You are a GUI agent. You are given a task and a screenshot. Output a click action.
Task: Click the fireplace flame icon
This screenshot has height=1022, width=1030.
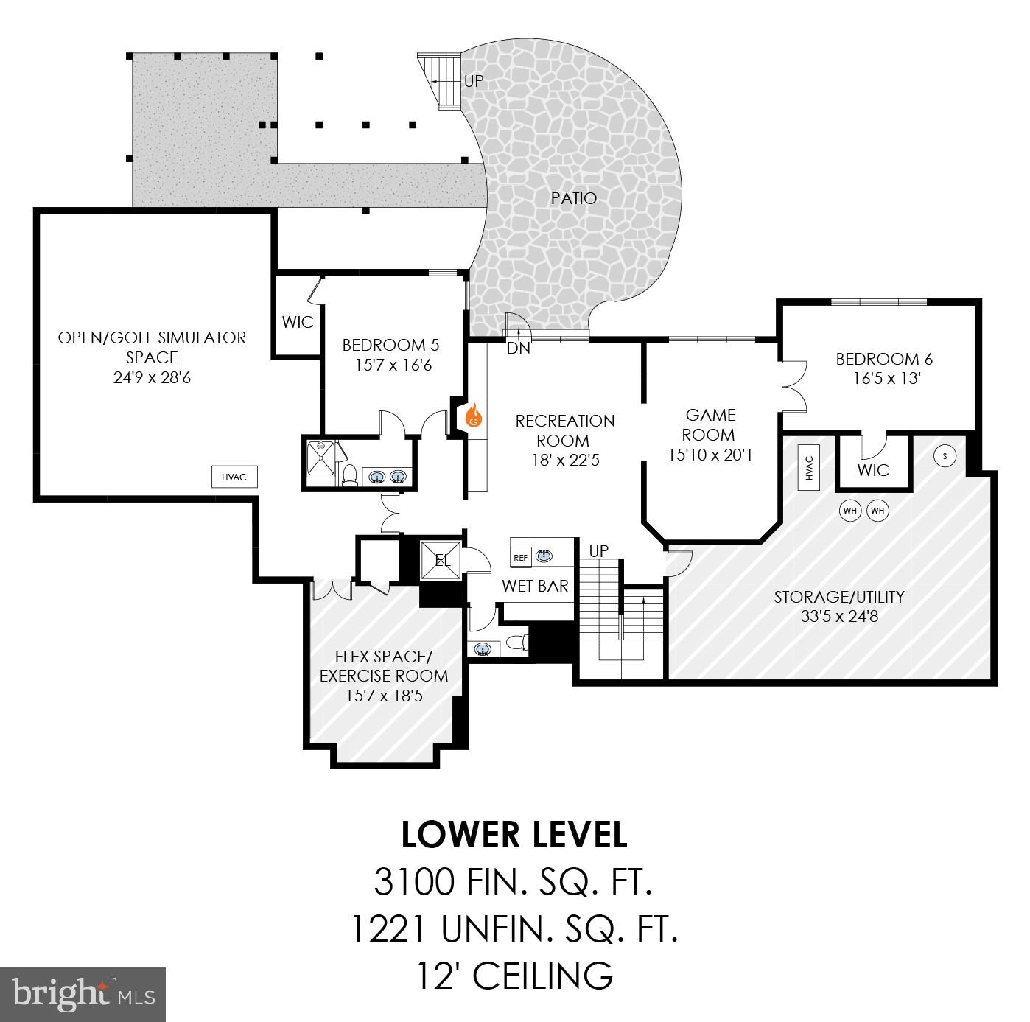[474, 417]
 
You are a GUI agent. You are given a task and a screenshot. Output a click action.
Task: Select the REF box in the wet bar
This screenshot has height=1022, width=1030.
[521, 558]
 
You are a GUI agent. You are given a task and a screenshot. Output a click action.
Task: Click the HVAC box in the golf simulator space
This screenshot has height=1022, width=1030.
[235, 477]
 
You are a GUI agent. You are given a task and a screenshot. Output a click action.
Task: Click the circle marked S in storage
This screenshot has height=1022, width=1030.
[945, 456]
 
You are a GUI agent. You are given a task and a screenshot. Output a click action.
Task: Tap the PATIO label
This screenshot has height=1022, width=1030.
[574, 198]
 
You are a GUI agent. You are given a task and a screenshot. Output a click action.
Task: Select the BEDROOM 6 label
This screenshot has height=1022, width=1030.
[884, 359]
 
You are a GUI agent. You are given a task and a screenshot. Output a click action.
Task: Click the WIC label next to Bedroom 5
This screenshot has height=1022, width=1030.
[298, 322]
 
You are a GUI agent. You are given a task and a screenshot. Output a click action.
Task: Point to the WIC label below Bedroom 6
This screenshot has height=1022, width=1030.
[873, 470]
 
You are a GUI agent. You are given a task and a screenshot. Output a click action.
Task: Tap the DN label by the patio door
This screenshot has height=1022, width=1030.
[519, 349]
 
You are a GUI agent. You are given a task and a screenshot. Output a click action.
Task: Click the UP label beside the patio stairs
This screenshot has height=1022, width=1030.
[474, 81]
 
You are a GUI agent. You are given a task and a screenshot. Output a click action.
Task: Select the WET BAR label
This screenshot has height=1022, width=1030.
[535, 586]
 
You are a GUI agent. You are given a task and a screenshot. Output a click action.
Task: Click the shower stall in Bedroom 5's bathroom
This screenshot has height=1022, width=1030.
[320, 463]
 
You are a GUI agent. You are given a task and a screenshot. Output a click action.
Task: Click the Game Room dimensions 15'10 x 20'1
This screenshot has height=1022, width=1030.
[710, 455]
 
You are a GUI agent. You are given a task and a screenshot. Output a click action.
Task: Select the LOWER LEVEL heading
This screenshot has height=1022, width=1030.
[514, 834]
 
